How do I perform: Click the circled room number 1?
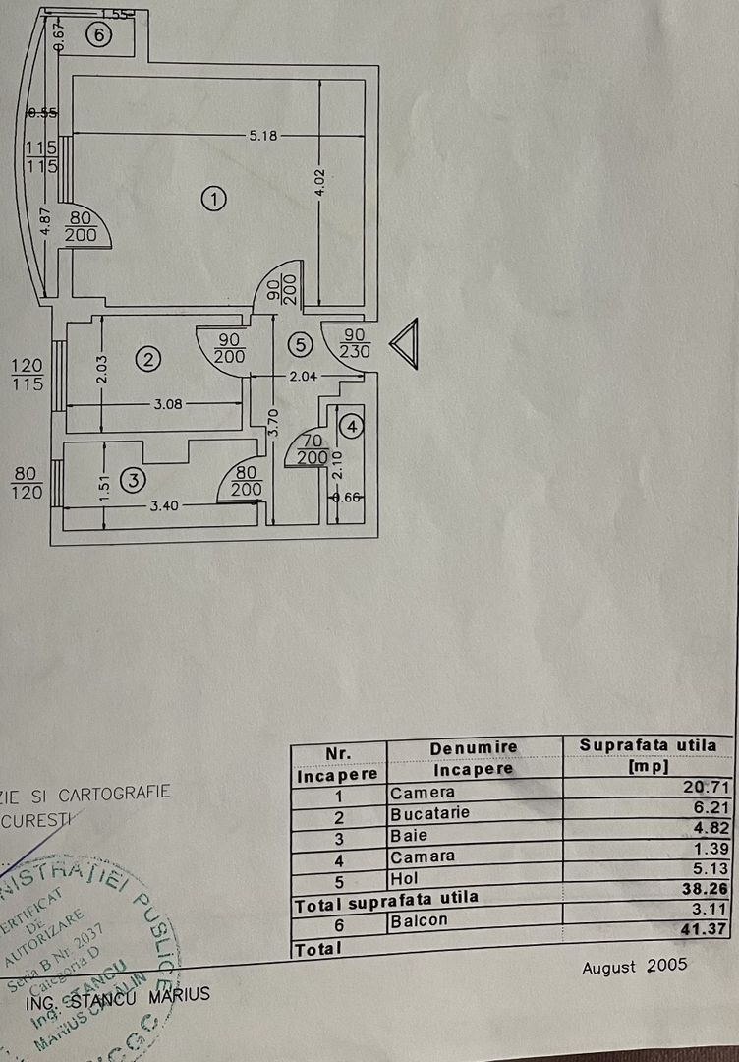(x=213, y=199)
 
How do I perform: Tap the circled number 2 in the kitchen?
(x=147, y=359)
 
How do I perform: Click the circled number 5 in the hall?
(x=301, y=344)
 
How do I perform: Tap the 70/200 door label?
(x=313, y=450)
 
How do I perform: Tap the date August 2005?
(x=634, y=967)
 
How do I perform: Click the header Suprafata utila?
(x=654, y=745)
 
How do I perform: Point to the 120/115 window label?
(x=28, y=375)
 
